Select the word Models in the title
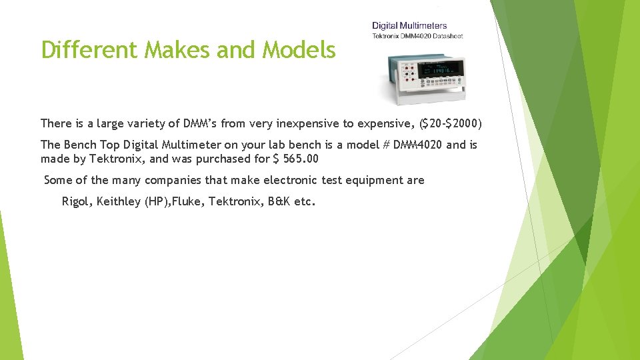[x=299, y=49]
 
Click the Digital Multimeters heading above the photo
[x=409, y=26]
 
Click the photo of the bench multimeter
[x=421, y=76]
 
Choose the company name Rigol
[x=76, y=201]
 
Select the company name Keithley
[x=119, y=201]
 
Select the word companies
[x=172, y=180]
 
